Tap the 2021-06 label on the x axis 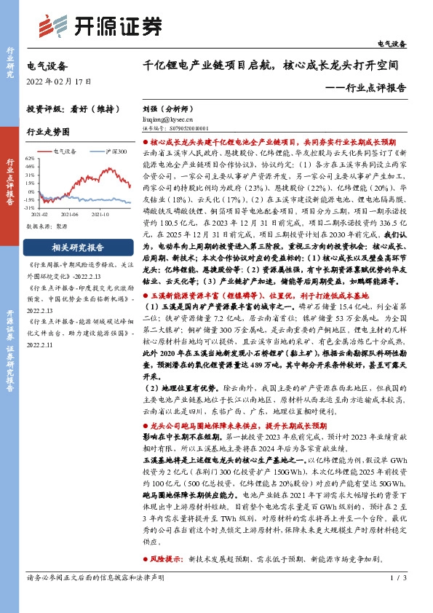click(x=70, y=215)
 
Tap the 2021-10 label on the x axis click(x=100, y=215)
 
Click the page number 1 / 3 click(x=397, y=598)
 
